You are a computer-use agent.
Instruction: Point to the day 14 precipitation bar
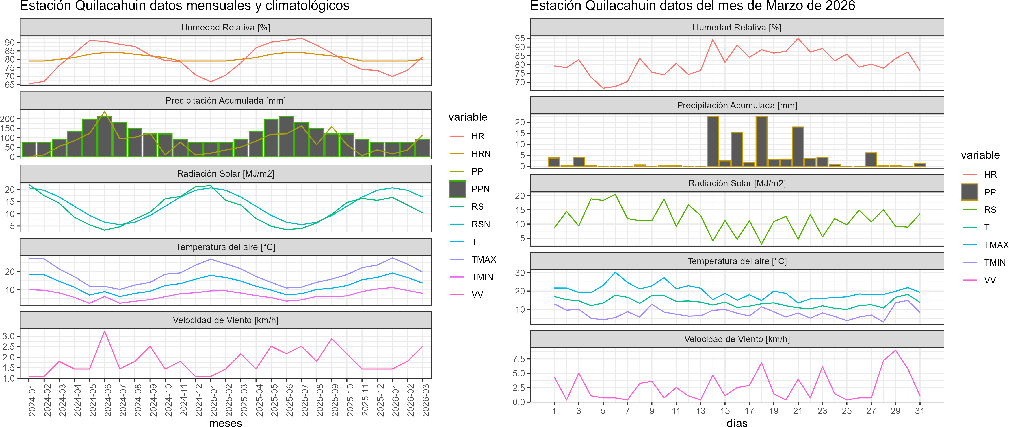click(713, 141)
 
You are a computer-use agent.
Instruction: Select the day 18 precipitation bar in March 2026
click(761, 141)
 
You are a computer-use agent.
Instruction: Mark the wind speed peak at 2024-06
click(105, 331)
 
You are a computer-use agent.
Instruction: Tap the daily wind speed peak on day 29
click(895, 350)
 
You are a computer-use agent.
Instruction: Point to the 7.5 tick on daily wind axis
click(519, 359)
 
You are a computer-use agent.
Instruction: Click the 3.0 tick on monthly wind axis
click(9, 336)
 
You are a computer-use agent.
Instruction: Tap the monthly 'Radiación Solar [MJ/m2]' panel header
click(226, 174)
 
